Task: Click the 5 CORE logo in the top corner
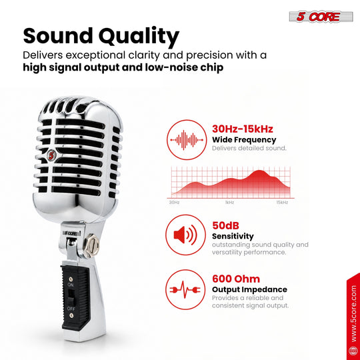click(x=321, y=17)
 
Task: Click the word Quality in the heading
click(x=139, y=36)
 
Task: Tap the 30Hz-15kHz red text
click(x=243, y=129)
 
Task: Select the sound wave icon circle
click(x=187, y=139)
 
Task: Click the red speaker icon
click(x=185, y=235)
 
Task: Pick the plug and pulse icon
click(x=185, y=290)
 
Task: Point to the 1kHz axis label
click(x=229, y=202)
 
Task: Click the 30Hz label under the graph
click(x=174, y=202)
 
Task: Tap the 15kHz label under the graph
click(x=282, y=202)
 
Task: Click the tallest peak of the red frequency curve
click(x=259, y=171)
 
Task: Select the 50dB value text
click(x=225, y=225)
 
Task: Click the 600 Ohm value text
click(x=236, y=279)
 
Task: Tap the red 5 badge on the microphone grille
click(x=51, y=155)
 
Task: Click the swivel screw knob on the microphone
click(x=91, y=245)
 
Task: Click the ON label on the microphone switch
click(x=71, y=285)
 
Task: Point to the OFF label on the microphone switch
click(x=71, y=309)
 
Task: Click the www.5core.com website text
click(x=353, y=314)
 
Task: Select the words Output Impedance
click(x=249, y=289)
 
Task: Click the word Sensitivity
click(x=233, y=236)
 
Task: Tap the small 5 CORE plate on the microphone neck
click(x=71, y=233)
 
